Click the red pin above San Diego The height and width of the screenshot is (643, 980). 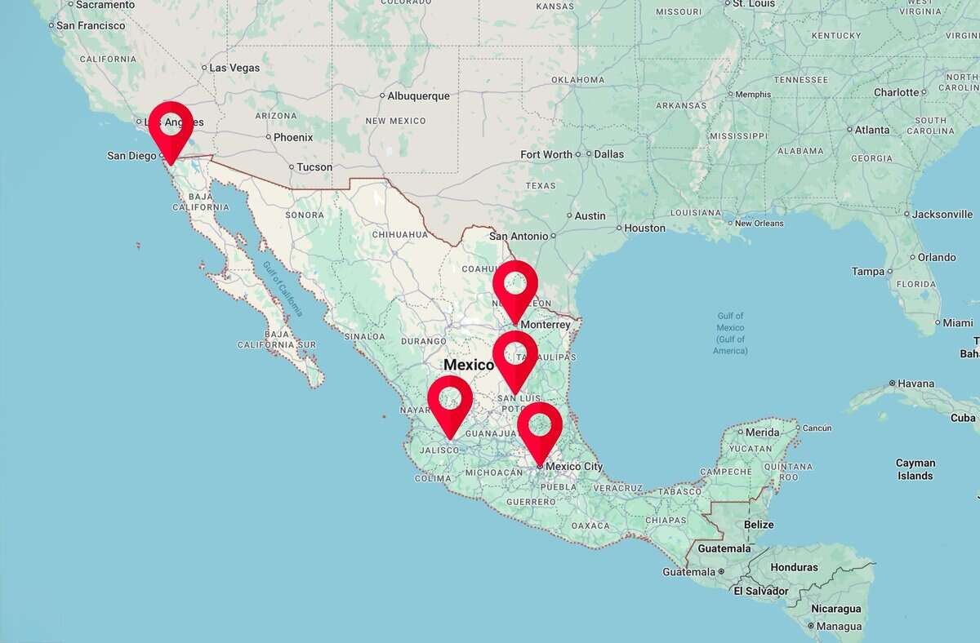tap(171, 126)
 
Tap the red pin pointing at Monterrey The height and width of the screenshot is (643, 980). tap(515, 285)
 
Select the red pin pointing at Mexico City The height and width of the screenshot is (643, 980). tap(540, 427)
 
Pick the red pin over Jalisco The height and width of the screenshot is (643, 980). tap(450, 401)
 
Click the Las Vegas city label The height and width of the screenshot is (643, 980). tap(234, 68)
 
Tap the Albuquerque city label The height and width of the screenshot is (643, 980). tap(418, 96)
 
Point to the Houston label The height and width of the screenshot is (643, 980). tap(644, 228)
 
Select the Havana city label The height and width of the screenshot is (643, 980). tap(916, 384)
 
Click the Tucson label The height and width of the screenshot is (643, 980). tap(314, 167)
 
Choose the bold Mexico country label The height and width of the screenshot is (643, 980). tap(469, 365)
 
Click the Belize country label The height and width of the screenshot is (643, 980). tap(759, 525)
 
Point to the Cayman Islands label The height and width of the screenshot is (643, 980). tap(915, 469)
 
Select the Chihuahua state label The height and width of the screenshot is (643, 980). tap(400, 234)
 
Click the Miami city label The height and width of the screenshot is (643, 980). tap(958, 323)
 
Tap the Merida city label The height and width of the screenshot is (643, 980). tap(763, 432)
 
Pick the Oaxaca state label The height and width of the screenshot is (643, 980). tap(590, 525)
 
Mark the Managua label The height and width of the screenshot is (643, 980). tap(840, 627)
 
